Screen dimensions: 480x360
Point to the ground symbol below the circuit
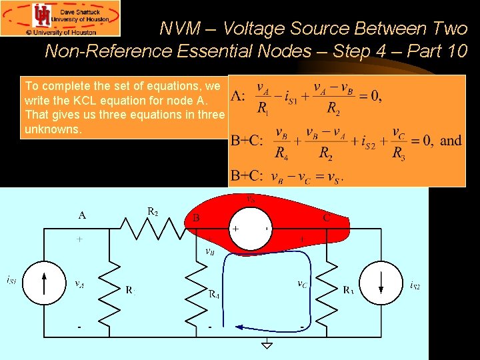267,344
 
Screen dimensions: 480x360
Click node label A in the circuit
82,215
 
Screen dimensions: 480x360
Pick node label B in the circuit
196,217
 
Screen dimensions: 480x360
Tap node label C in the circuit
327,217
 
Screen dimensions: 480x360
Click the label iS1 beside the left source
11,280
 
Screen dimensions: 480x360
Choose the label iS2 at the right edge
415,286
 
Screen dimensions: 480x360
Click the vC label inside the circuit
302,283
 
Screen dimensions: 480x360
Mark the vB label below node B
209,252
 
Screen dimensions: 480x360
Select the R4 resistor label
214,293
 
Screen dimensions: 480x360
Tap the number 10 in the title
458,51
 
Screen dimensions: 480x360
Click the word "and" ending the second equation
451,140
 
